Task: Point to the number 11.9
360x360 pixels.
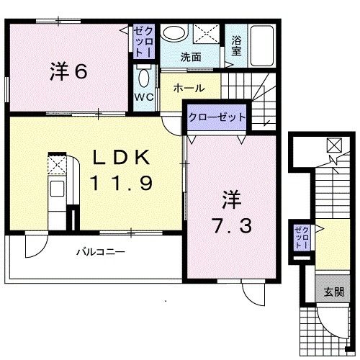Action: click(x=120, y=183)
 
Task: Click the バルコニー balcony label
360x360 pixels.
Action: click(x=102, y=252)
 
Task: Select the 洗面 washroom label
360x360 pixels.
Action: click(x=190, y=56)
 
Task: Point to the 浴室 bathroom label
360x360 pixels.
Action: click(x=236, y=47)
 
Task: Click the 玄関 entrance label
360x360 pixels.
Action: click(x=333, y=292)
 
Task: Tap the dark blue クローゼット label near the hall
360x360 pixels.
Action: click(x=217, y=117)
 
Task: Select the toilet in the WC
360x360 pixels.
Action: click(x=143, y=78)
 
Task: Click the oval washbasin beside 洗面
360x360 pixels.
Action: click(x=171, y=33)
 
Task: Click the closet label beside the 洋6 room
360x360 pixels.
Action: click(x=141, y=42)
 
